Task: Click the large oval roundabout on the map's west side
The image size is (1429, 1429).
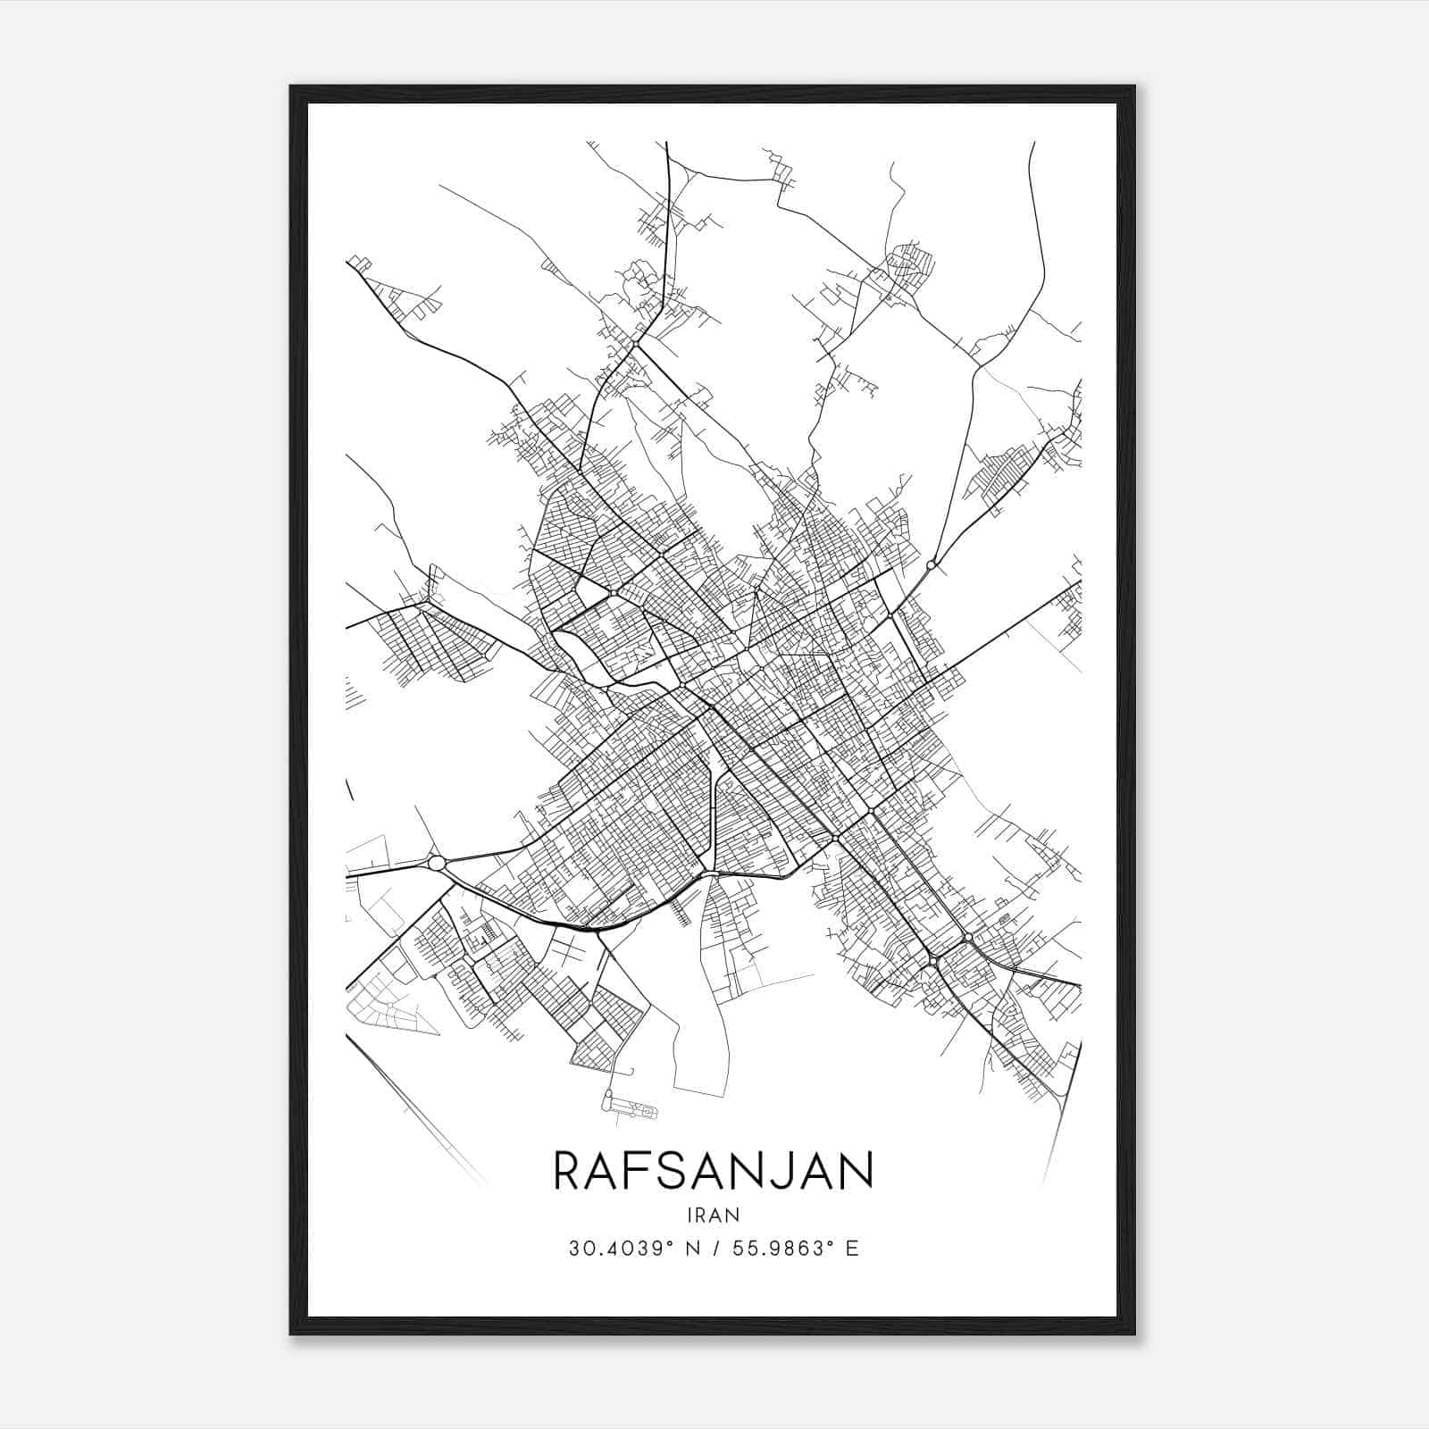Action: (437, 863)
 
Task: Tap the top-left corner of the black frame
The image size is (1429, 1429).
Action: (291, 87)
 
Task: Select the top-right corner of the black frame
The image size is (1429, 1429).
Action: (1134, 87)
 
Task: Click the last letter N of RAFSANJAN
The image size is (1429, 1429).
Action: (856, 1171)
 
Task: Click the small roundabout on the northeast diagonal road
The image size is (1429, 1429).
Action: (932, 564)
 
